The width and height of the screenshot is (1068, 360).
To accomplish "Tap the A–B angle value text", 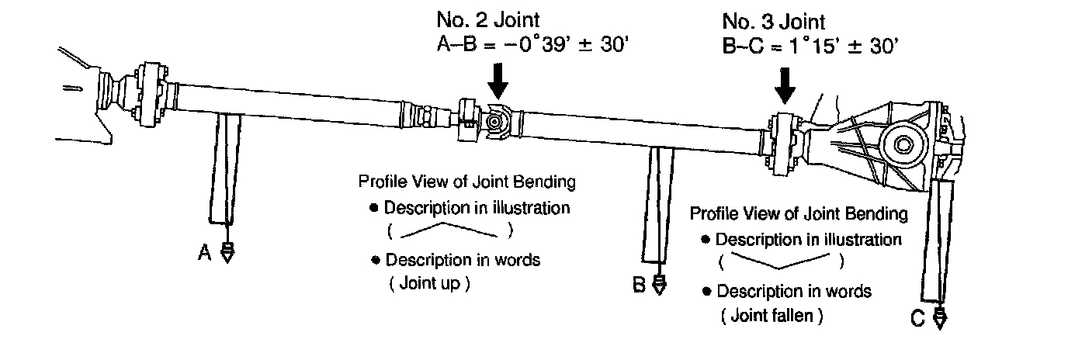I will coord(533,45).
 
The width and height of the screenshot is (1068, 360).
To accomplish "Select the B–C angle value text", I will coord(810,45).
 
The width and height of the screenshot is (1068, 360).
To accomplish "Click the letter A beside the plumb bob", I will coord(205,252).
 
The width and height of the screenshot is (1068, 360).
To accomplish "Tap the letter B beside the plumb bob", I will coord(639,286).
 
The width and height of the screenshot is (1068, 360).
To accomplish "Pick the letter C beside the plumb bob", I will coord(918,318).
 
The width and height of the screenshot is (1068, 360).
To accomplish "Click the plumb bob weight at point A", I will coord(227,253).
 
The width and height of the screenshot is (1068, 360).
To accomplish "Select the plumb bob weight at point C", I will coord(939,318).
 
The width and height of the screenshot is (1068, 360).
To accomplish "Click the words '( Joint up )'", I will coord(428,284).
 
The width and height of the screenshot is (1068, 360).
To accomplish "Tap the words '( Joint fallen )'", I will coord(771,316).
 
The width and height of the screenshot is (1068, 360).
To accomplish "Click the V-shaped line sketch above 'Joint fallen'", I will coord(781,262).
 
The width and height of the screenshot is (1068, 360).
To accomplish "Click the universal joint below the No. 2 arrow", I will coord(494,122).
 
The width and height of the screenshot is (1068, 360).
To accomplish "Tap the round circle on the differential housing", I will coord(904,144).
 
